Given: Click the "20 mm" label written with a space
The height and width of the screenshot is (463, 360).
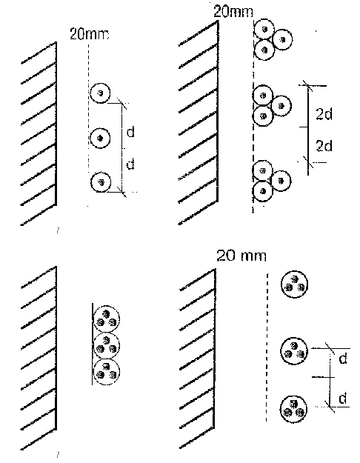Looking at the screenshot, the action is (x=241, y=256).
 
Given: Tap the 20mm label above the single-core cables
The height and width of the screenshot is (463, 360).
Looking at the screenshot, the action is (x=90, y=34).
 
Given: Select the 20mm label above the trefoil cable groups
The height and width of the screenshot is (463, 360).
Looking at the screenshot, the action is (x=233, y=12).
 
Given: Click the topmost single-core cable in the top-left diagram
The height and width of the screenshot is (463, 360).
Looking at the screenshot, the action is (x=100, y=93).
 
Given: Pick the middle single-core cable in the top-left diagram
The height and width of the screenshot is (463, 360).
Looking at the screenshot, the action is (x=100, y=138).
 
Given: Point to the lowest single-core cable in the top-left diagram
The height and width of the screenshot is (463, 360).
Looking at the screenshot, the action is (x=101, y=182).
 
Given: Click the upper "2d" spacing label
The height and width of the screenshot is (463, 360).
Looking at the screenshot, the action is (x=324, y=113).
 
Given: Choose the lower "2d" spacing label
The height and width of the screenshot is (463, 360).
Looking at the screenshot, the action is (x=324, y=146).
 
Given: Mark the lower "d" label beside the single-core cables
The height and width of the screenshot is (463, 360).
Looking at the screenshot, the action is (x=130, y=164).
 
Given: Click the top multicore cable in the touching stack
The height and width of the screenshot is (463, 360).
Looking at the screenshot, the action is (x=107, y=319).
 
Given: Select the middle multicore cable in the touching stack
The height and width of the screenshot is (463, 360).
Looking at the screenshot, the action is (x=107, y=345).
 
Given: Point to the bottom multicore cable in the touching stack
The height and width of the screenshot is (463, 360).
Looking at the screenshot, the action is (x=107, y=372).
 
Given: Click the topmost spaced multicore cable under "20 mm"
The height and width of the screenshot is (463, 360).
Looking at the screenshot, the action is (x=294, y=284).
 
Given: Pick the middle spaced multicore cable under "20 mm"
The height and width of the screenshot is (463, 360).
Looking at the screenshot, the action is (x=294, y=351).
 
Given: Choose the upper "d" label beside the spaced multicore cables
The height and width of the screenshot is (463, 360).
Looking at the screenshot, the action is (x=343, y=359).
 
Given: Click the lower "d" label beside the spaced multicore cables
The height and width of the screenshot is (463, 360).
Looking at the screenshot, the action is (x=342, y=399).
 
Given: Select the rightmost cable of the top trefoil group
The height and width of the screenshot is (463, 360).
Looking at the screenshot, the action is (x=283, y=39).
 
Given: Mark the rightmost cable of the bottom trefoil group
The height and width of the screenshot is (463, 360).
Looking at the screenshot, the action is (x=281, y=181).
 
